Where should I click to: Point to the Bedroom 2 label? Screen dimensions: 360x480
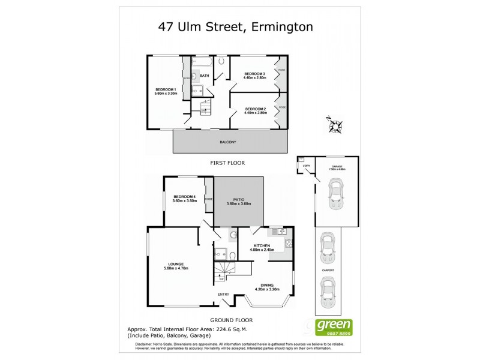256,110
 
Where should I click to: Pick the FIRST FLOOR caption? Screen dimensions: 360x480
227,163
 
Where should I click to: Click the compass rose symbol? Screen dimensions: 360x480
335,124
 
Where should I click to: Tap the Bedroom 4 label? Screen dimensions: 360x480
185,199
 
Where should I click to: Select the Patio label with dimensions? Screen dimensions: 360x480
238,202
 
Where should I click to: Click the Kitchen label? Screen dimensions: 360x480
262,247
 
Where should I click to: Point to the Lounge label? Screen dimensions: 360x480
176,266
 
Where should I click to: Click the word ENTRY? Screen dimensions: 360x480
224,293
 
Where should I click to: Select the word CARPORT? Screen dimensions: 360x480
328,271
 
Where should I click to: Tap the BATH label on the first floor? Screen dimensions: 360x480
205,76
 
